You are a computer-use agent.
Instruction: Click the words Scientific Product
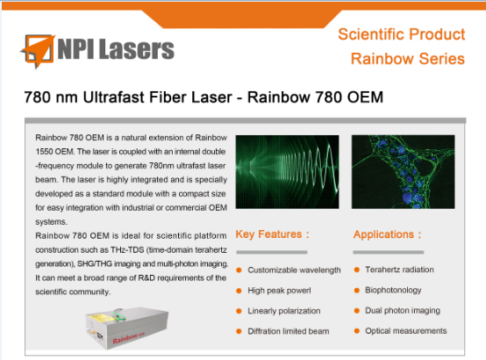[x=402, y=34]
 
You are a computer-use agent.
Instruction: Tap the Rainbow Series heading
[x=408, y=59]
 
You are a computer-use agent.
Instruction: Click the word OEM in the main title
[x=365, y=97]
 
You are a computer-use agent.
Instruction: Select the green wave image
[x=287, y=171]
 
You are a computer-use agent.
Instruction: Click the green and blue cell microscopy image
[x=403, y=171]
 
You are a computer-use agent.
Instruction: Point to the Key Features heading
[x=273, y=234]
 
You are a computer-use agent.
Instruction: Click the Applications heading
[x=387, y=234]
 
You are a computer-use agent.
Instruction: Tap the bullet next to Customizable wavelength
[x=239, y=270]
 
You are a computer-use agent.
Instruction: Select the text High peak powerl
[x=279, y=291]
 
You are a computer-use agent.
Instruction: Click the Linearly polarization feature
[x=284, y=311]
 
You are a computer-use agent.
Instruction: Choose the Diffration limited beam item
[x=289, y=331]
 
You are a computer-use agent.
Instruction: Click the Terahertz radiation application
[x=399, y=270]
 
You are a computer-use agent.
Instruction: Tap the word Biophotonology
[x=393, y=290]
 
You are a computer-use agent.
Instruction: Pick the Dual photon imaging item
[x=403, y=310]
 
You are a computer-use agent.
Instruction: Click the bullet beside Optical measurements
[x=357, y=331]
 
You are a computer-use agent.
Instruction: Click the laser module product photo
[x=127, y=328]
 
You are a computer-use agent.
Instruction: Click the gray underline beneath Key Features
[x=272, y=252]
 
